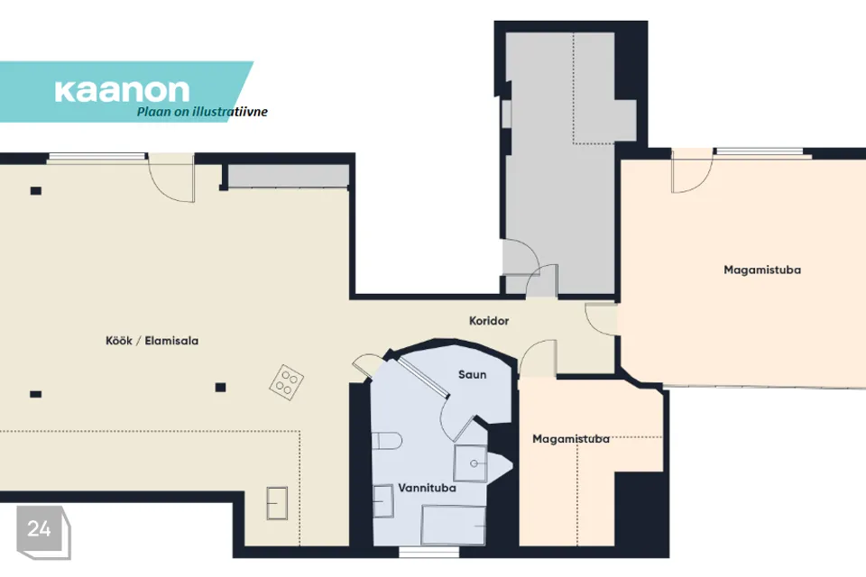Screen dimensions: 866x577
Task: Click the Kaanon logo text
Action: [x=122, y=90]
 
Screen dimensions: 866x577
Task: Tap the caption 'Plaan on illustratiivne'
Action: [x=202, y=112]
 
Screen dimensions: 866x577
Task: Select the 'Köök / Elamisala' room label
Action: [x=152, y=341]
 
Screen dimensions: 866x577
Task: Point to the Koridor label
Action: [x=489, y=321]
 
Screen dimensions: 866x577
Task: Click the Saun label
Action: [x=472, y=374]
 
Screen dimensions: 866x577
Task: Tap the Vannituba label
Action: [x=427, y=488]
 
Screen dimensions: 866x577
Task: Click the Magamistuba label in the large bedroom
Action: [x=762, y=270]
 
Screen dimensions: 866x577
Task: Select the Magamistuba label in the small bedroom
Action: [x=571, y=439]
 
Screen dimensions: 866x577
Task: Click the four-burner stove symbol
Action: [x=287, y=382]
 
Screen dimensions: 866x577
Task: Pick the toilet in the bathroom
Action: [x=386, y=441]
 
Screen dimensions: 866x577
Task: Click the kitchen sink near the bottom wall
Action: [x=277, y=503]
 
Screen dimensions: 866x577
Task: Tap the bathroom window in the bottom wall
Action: [x=428, y=552]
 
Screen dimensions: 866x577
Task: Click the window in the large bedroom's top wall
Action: [x=759, y=151]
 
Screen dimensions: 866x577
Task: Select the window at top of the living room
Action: [x=97, y=158]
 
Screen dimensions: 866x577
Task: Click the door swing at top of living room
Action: [x=171, y=178]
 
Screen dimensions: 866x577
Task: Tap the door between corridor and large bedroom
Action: [x=601, y=318]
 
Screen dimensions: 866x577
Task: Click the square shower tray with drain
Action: [x=471, y=463]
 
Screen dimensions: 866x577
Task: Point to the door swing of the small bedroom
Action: [x=538, y=359]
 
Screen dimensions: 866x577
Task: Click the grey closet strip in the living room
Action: [x=289, y=176]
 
